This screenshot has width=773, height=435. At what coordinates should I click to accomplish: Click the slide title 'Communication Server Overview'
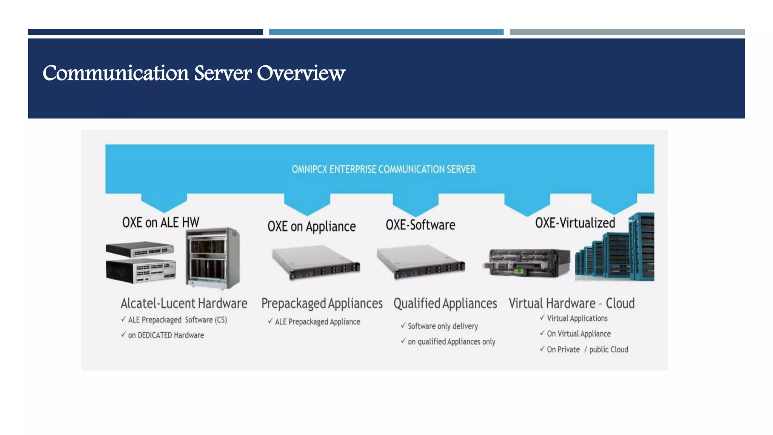coord(194,73)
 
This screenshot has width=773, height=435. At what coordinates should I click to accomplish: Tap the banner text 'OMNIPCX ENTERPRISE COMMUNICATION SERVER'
coord(383,169)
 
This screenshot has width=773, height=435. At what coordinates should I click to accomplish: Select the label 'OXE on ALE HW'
coord(160,222)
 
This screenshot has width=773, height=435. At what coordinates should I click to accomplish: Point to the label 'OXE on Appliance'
coord(311,227)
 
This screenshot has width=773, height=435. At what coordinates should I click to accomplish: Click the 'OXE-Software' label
coord(420,225)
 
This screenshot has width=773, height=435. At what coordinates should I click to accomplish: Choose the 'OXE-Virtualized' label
coord(575,223)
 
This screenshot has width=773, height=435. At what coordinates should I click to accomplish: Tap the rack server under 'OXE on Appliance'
coord(316,262)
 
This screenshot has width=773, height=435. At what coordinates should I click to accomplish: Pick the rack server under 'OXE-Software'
coord(420,262)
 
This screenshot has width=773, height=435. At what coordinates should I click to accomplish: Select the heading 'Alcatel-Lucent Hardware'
coord(184,303)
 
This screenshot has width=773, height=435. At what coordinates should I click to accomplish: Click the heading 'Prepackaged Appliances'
coord(322,303)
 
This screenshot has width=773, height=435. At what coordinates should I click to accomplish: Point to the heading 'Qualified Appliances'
coord(445,303)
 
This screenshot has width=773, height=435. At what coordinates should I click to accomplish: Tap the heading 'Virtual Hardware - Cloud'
coord(571,303)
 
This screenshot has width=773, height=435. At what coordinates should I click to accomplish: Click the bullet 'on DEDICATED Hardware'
coord(166,335)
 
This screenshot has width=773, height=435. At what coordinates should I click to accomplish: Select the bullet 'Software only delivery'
coord(442,326)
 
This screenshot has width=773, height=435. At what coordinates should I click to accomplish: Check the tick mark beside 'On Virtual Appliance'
coord(542,333)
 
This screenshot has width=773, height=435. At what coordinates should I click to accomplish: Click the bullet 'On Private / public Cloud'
coord(587,350)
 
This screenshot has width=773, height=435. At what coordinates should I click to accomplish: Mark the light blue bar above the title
coord(386,32)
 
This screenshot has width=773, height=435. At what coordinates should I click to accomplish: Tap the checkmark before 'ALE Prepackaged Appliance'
coord(270,321)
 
